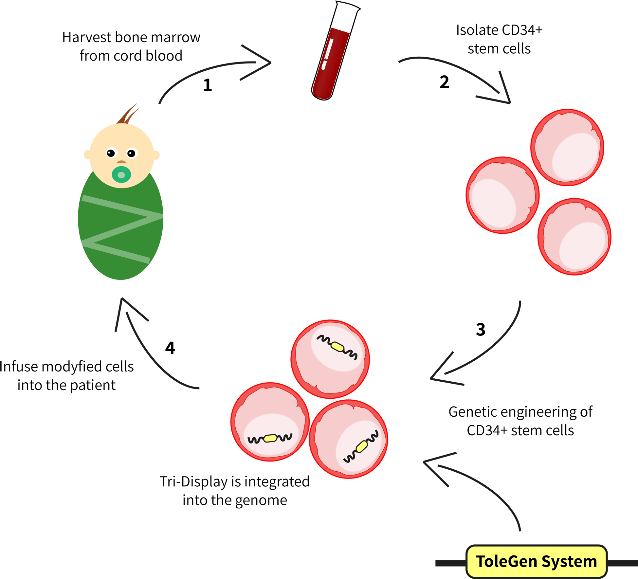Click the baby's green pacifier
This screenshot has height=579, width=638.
pos(121,175)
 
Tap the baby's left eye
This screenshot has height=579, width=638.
pos(111,153)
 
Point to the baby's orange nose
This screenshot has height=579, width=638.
pos(121,162)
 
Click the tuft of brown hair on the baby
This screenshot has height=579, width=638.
pos(128,115)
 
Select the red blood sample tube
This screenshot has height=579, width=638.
pos(330,62)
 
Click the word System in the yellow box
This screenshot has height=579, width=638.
pos(569,561)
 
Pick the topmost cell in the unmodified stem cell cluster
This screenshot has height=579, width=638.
pos(567,148)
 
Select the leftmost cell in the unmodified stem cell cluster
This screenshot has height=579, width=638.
pos(502,195)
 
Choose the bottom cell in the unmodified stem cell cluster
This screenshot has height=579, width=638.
pos(574,237)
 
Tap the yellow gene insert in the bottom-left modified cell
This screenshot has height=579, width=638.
pos(270,438)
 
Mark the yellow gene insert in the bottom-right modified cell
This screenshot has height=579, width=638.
pos(361,446)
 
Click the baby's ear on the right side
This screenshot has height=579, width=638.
pos(156,155)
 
